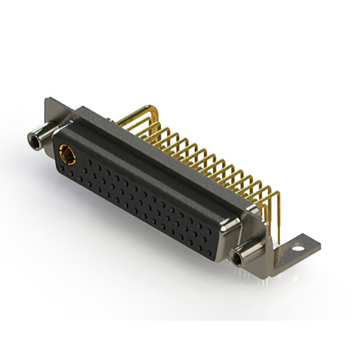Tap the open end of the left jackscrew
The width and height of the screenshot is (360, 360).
(31, 137)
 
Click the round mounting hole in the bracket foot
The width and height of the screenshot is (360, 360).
(297, 246)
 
